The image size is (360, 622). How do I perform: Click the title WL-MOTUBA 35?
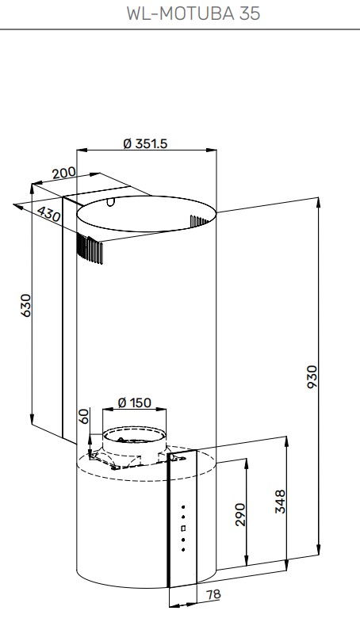pos(193,13)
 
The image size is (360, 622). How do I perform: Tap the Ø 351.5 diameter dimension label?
pos(145,143)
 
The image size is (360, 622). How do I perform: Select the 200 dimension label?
pos(63,173)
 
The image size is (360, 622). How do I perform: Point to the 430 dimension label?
pos(49,214)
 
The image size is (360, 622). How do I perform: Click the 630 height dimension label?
pos(25,305)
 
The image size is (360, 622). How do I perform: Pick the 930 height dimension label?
pos(312,377)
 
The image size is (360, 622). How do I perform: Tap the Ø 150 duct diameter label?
pos(135,403)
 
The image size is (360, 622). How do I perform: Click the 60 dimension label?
pos(84,416)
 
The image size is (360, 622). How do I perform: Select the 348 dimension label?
pos(280,502)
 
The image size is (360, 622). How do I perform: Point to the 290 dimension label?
pos(240,514)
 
